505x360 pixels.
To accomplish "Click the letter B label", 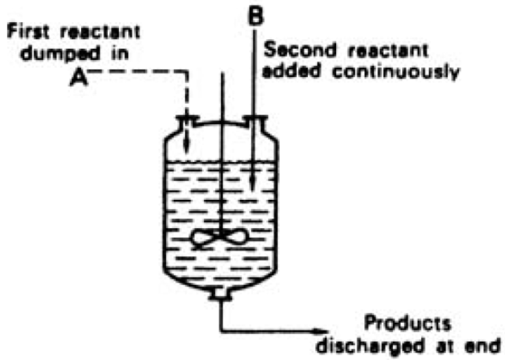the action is [x=254, y=16].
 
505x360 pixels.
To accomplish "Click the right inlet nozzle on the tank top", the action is [x=255, y=122].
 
